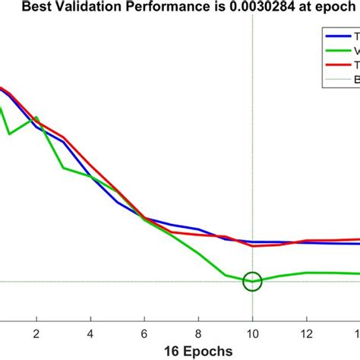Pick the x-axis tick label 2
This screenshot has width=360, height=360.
pyautogui.click(x=36, y=333)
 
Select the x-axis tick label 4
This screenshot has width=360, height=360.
pyautogui.click(x=90, y=333)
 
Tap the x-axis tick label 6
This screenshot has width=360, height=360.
pyautogui.click(x=144, y=333)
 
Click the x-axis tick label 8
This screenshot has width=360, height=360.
pyautogui.click(x=198, y=333)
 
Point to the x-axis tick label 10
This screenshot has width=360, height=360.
pyautogui.click(x=252, y=333)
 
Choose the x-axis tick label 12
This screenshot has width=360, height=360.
pyautogui.click(x=306, y=333)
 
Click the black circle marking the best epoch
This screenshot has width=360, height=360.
pyautogui.click(x=252, y=281)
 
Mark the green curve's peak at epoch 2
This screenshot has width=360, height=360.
pyautogui.click(x=36, y=118)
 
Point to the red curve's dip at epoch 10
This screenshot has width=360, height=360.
pyautogui.click(x=253, y=245)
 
